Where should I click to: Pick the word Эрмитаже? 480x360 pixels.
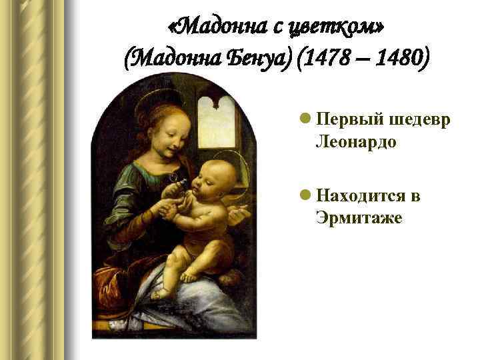pyautogui.click(x=359, y=219)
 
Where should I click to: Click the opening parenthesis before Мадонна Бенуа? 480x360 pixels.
pyautogui.click(x=129, y=61)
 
